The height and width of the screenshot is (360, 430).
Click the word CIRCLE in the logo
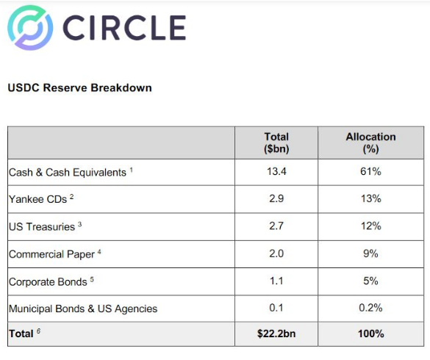click(124, 28)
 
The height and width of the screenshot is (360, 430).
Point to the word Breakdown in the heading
click(121, 87)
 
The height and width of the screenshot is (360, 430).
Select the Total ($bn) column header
click(276, 143)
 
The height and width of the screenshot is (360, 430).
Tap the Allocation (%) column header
click(370, 143)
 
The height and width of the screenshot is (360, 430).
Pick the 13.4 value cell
click(276, 171)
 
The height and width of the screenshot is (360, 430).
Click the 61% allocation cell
click(370, 171)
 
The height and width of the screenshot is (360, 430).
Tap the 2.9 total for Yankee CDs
click(276, 198)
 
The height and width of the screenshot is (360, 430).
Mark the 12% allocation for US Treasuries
click(370, 226)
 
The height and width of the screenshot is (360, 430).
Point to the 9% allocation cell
click(370, 253)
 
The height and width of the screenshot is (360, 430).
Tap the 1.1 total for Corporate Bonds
click(276, 281)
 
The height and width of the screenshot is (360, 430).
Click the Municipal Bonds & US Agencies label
click(83, 309)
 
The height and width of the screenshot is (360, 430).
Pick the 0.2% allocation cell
click(370, 308)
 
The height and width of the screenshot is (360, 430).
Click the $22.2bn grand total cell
click(276, 334)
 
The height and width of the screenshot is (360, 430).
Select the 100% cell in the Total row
click(370, 334)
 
